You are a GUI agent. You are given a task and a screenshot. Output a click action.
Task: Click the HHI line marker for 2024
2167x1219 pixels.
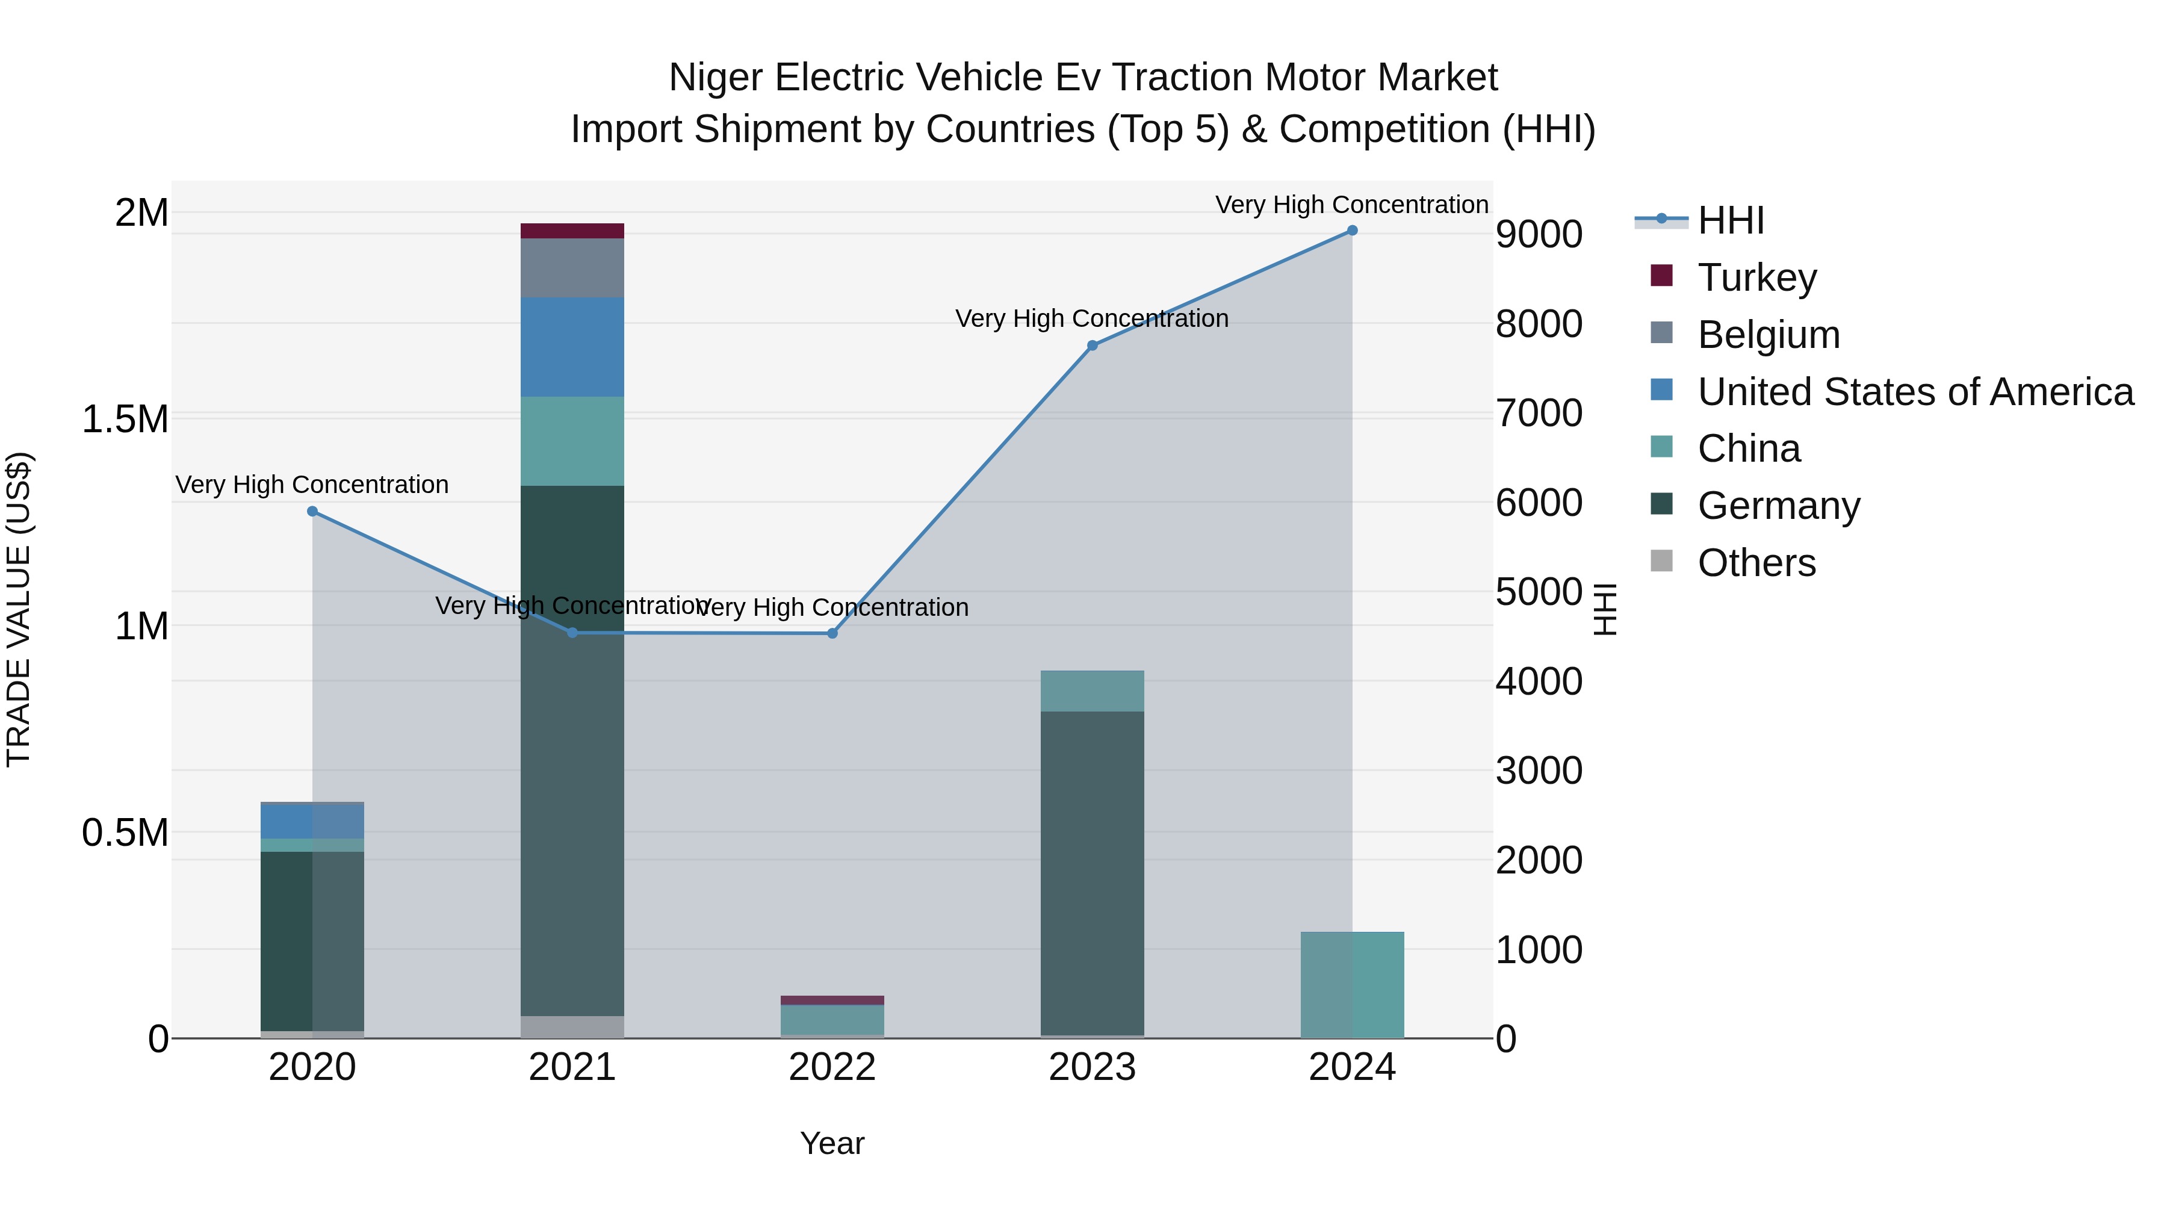point(1352,231)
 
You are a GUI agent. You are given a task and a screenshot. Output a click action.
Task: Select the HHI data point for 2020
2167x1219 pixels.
point(312,512)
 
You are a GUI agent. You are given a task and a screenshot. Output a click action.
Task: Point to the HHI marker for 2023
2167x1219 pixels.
point(1092,346)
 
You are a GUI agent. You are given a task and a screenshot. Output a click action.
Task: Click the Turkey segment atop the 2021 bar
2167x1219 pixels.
point(572,231)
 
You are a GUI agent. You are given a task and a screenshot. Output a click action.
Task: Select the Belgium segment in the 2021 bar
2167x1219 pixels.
point(572,268)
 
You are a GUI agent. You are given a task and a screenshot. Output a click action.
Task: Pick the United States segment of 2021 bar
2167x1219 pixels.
point(572,347)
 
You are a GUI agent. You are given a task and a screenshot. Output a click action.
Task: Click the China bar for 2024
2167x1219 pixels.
point(1352,985)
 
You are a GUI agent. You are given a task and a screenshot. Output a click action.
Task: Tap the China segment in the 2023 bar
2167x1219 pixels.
point(1092,690)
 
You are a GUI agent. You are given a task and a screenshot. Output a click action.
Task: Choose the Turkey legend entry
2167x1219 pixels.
point(1756,278)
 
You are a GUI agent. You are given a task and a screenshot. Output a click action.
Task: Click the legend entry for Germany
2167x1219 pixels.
point(1778,506)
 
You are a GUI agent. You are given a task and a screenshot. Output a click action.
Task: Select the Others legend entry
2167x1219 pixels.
point(1756,563)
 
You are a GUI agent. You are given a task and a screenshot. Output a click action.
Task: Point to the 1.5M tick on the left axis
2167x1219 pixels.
point(125,419)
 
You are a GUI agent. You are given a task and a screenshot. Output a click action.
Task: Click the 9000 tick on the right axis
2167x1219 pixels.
point(1539,235)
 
